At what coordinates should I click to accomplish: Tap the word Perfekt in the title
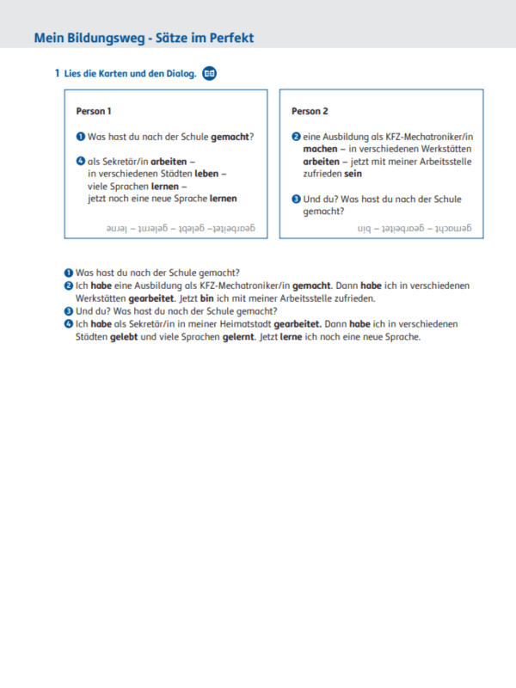pos(230,38)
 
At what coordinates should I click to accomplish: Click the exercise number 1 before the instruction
pos(57,74)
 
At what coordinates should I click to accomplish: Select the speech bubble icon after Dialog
pos(209,74)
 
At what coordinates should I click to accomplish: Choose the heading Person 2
pos(310,111)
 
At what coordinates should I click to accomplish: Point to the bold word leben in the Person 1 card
pos(206,174)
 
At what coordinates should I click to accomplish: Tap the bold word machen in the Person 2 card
pos(309,150)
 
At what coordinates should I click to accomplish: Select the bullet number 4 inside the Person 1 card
pos(80,162)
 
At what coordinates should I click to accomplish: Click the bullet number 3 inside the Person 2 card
pos(296,200)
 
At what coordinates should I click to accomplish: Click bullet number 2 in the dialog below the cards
pos(69,286)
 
